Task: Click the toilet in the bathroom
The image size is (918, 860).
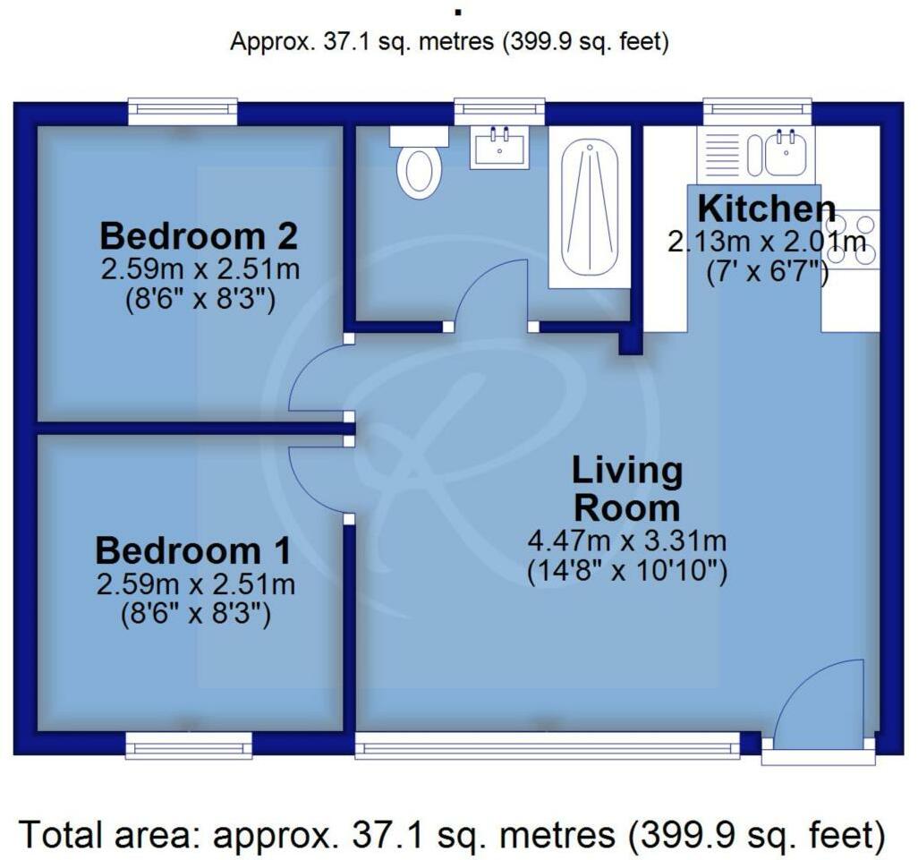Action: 419,165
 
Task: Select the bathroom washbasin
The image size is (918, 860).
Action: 499,148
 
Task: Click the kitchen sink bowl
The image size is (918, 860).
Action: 787,153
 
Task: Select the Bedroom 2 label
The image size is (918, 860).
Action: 198,236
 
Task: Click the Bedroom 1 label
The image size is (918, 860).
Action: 193,550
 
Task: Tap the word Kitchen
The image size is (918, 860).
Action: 766,209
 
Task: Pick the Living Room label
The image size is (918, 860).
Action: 627,489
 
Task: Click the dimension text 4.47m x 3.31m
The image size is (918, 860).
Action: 627,541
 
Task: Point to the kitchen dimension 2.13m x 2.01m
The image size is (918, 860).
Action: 767,242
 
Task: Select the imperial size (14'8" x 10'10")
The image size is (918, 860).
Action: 627,570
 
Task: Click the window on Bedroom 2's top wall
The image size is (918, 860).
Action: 183,112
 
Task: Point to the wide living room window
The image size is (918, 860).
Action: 547,745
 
